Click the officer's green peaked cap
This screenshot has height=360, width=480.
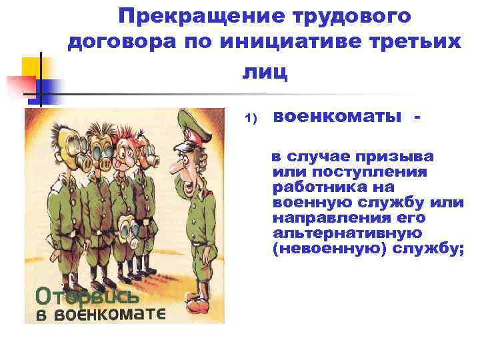(x=192, y=123)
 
